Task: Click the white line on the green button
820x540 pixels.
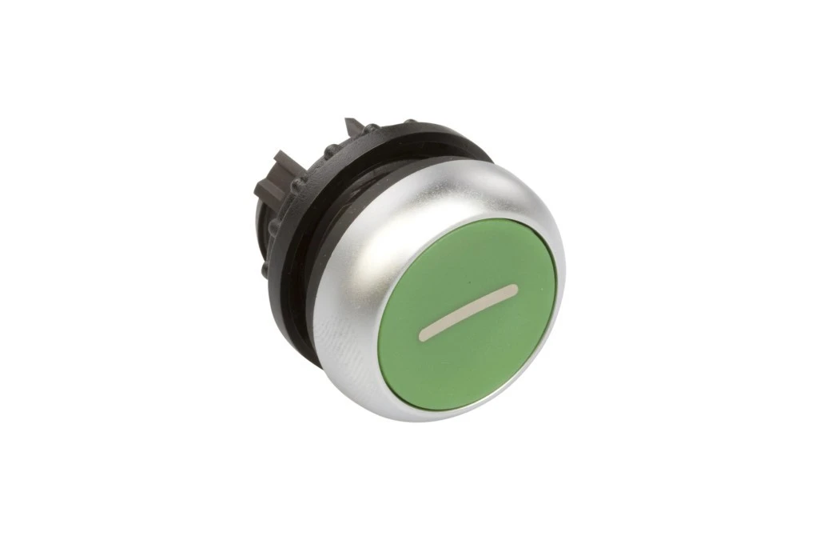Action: coord(468,312)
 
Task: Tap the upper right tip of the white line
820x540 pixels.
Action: coord(515,287)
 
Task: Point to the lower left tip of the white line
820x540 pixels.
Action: coord(422,337)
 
